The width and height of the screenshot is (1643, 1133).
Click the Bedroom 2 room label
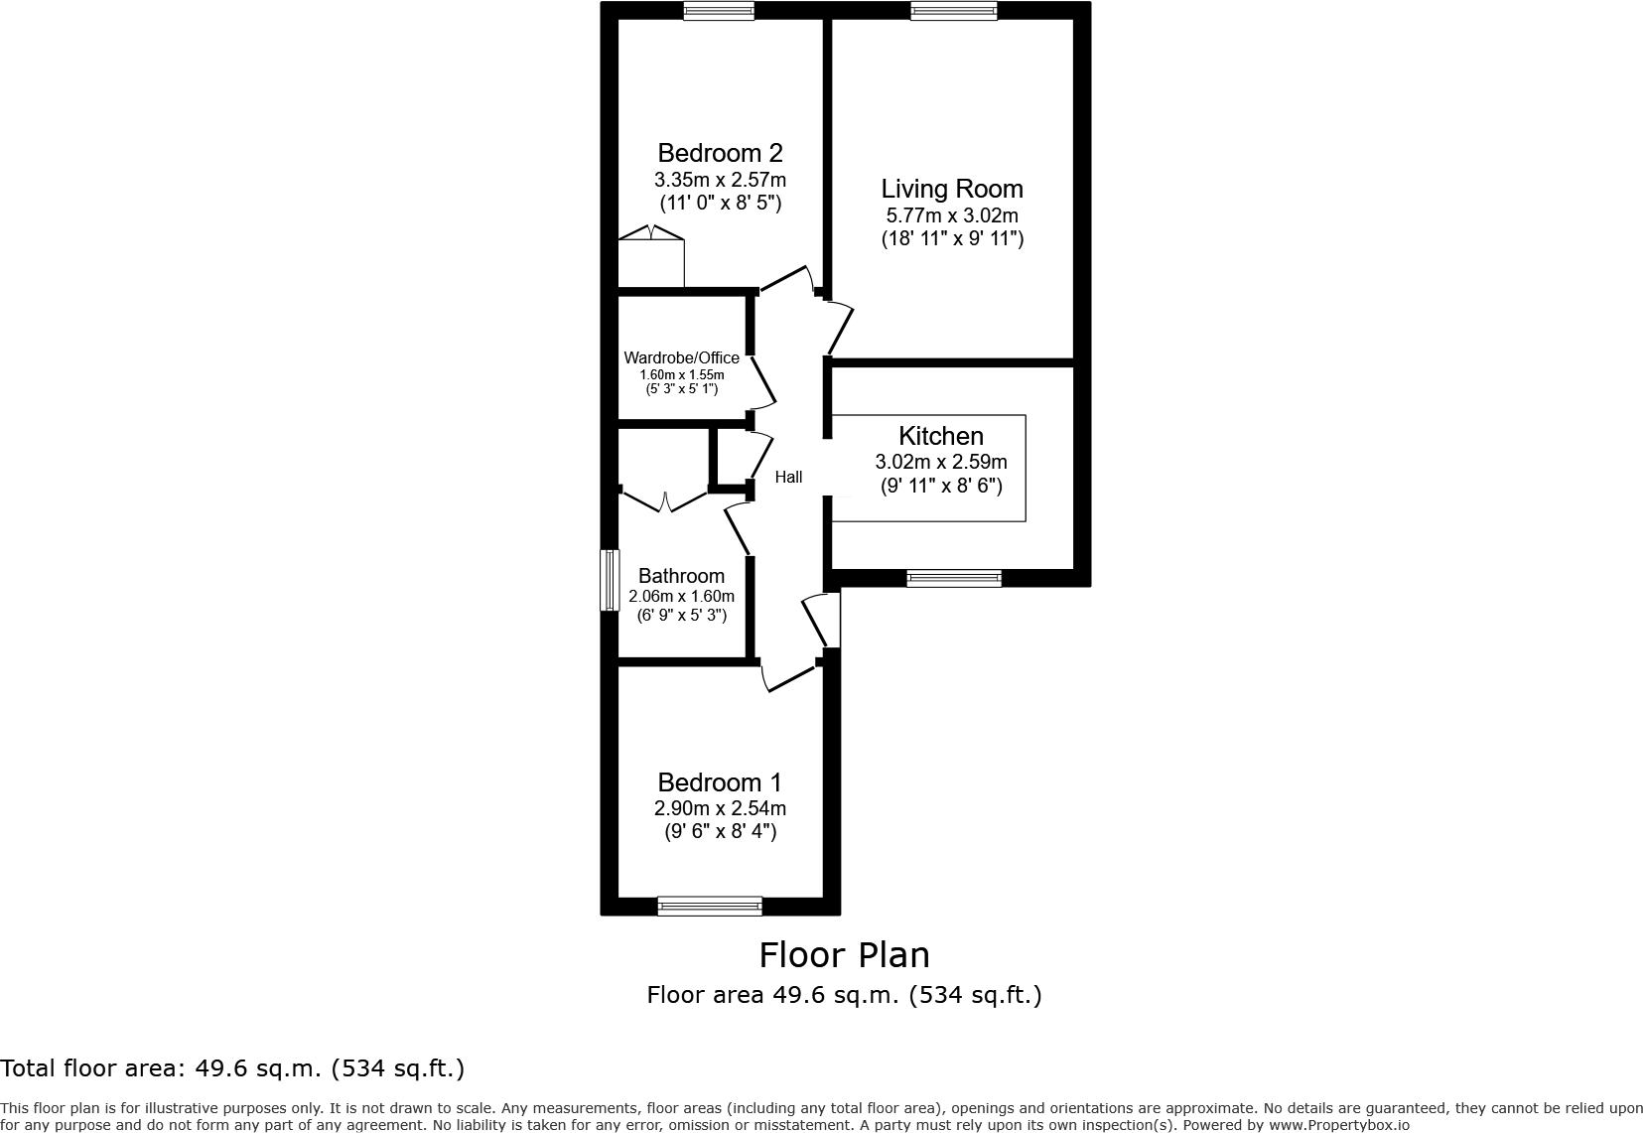click(720, 153)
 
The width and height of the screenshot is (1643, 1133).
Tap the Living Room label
click(952, 189)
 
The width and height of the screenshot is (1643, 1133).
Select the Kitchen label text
click(940, 436)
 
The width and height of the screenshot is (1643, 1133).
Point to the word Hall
click(788, 478)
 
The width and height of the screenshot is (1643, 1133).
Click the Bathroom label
click(681, 576)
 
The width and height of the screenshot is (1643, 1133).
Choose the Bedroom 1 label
click(720, 782)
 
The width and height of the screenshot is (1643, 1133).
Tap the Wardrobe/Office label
click(681, 358)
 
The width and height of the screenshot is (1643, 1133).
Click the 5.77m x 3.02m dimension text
click(952, 215)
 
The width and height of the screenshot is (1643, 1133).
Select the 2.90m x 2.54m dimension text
click(720, 809)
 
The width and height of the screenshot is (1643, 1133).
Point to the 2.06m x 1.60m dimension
click(681, 597)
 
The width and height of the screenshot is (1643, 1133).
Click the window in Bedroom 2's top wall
click(719, 11)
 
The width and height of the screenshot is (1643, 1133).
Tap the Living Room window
click(953, 11)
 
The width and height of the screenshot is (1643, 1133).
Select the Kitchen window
click(954, 578)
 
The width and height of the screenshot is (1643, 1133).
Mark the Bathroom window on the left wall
click(610, 580)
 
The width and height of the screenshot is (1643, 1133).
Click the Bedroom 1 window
click(710, 906)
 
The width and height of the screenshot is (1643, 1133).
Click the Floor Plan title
click(844, 955)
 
